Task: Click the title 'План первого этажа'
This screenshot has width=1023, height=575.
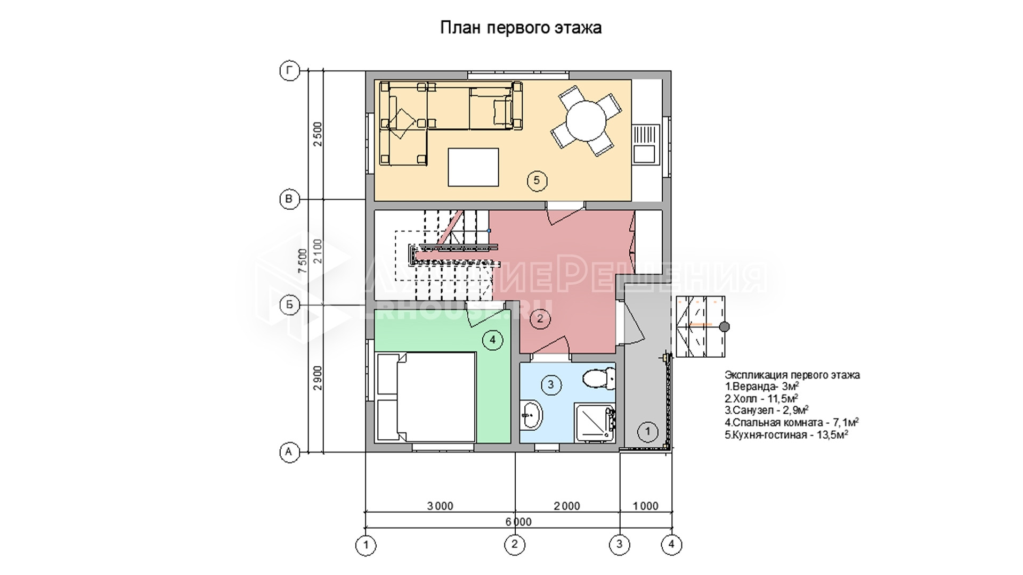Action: tap(521, 27)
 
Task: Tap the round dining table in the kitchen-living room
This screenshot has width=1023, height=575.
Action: tap(586, 120)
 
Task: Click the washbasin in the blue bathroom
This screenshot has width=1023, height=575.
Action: tap(531, 415)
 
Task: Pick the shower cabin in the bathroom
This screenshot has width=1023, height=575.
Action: tap(595, 422)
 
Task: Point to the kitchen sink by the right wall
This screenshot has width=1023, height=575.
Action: tap(645, 144)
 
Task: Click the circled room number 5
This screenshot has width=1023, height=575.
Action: tap(537, 180)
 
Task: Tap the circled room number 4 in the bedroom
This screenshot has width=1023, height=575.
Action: tap(492, 340)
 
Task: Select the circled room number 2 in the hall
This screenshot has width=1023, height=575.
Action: tap(540, 319)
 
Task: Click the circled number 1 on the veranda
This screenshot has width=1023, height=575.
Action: tap(648, 431)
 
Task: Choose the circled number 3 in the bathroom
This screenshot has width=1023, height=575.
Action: tap(551, 384)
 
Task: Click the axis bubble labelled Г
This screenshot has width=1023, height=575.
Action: tap(289, 71)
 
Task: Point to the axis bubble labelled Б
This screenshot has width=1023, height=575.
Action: tap(289, 305)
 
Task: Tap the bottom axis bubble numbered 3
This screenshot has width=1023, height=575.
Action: tap(620, 545)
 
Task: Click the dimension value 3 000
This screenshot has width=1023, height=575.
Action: tap(440, 506)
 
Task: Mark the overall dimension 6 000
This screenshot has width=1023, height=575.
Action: tap(518, 522)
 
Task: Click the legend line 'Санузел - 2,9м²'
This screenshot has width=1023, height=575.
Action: tap(767, 410)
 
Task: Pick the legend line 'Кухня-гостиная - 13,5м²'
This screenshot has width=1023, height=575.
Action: tap(786, 434)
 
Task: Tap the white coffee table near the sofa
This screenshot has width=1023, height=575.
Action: tap(473, 167)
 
